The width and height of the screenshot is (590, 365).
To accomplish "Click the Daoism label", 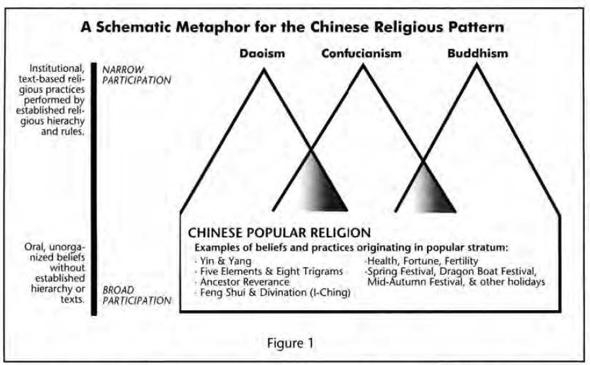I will [x=266, y=54].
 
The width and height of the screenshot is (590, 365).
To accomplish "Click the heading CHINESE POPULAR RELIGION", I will [x=279, y=232].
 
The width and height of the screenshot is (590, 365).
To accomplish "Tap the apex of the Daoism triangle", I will [x=265, y=67].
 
